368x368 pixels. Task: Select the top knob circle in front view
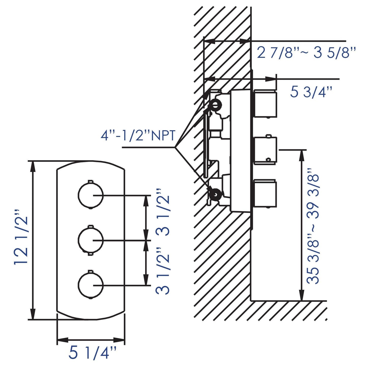90,195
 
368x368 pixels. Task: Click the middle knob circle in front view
90,240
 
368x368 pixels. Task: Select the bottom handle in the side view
265,193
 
